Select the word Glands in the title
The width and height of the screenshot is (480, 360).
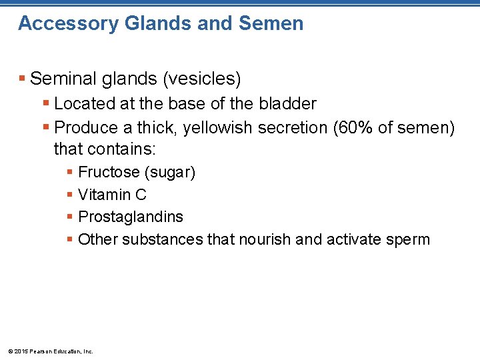147,24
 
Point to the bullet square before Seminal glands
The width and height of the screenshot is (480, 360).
23,79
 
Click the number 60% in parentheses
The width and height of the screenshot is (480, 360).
353,128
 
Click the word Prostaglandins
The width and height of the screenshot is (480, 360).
130,217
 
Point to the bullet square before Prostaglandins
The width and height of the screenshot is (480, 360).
70,217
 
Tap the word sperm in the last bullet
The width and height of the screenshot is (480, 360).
409,239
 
